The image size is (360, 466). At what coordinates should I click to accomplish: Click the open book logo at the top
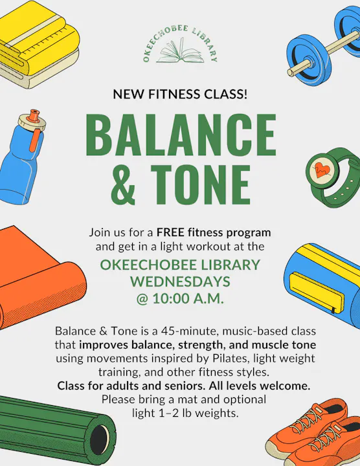click(x=179, y=52)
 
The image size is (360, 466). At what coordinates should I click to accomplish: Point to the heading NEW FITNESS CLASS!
click(x=179, y=94)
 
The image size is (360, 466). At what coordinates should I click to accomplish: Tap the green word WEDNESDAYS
click(x=180, y=282)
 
